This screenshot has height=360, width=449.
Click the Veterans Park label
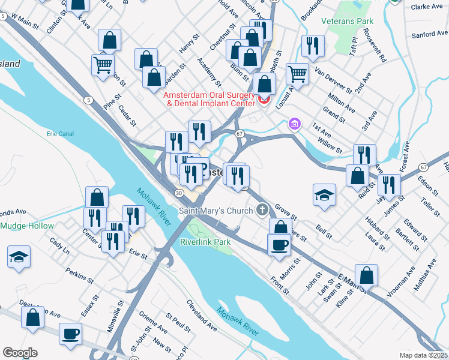click(365, 21)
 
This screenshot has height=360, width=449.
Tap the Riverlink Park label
click(205, 242)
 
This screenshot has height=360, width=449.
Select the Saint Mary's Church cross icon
click(262, 210)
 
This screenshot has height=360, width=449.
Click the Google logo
click(20, 352)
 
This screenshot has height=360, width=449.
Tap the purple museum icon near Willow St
click(294, 124)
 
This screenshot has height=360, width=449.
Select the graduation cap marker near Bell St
click(324, 195)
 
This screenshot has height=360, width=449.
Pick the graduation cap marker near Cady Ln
click(19, 257)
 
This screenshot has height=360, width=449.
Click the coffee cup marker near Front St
click(279, 244)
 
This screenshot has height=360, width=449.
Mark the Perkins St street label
click(79, 277)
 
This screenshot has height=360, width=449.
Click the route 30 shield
click(179, 193)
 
